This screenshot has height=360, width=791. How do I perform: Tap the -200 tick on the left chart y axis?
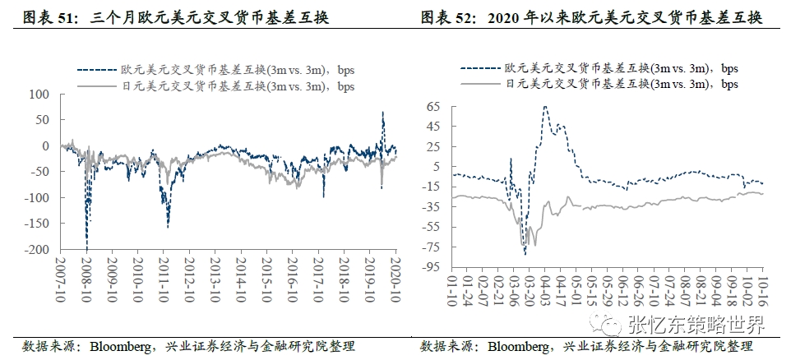pyautogui.click(x=37, y=249)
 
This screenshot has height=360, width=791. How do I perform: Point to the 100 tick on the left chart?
pyautogui.click(x=40, y=95)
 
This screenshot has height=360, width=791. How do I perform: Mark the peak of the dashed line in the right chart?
pyautogui.click(x=544, y=106)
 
